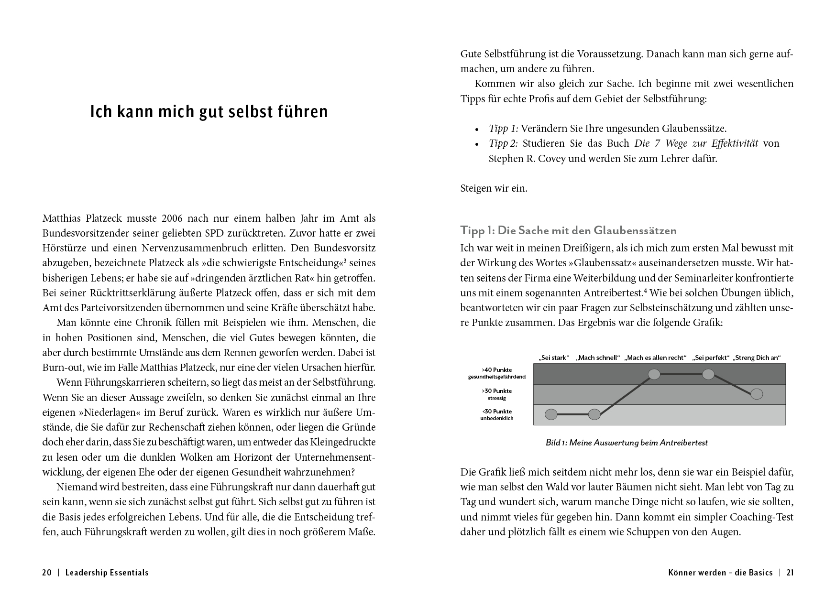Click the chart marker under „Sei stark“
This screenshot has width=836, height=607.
[551, 414]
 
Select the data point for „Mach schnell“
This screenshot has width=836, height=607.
[594, 414]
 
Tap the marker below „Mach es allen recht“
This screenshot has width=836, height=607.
[654, 374]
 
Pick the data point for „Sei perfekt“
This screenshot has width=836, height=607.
[708, 374]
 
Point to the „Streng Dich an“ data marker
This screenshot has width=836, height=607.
[757, 394]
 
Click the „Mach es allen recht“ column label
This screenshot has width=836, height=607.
[656, 358]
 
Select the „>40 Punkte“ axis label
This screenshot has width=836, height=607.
[497, 369]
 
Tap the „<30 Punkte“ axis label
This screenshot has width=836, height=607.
[497, 411]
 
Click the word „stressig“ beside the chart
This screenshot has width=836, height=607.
[497, 398]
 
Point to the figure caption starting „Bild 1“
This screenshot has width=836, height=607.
[627, 443]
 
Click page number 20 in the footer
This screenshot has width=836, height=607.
[47, 573]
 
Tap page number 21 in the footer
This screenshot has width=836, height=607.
[790, 573]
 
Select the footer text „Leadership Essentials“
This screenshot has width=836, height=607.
[107, 573]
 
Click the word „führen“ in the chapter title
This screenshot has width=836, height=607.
[303, 112]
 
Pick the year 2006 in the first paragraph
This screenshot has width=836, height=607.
[172, 218]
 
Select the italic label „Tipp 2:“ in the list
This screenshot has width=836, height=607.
[503, 143]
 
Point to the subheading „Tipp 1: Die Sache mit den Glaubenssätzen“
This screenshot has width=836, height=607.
[569, 230]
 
